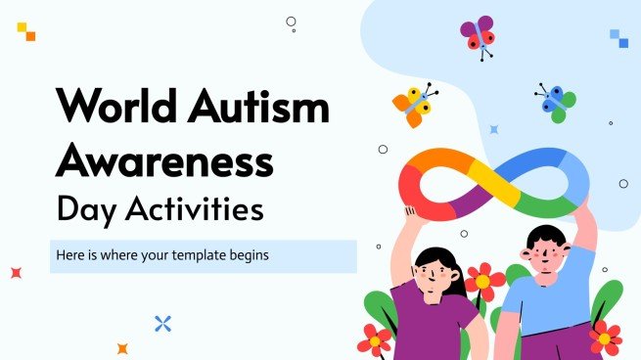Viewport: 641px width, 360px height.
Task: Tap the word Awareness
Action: tap(163, 158)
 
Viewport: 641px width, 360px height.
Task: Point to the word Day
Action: tap(83, 208)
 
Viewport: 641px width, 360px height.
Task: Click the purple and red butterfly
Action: tap(479, 33)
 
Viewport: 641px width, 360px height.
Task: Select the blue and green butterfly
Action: tap(556, 102)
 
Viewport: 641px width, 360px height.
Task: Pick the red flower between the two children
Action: tap(482, 282)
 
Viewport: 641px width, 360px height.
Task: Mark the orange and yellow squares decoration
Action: tap(26, 31)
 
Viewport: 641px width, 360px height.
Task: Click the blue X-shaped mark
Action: tap(163, 323)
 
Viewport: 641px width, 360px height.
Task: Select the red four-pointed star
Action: tap(16, 273)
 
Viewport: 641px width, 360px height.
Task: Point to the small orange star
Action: tap(122, 347)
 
